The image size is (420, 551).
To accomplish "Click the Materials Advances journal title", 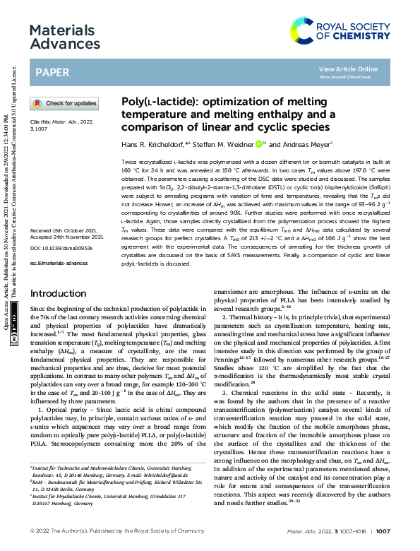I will click(x=62, y=38).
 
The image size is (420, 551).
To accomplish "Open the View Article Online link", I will click(x=348, y=69).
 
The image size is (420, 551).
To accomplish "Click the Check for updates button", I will click(x=64, y=103).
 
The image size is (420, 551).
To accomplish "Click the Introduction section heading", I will click(x=59, y=312).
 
